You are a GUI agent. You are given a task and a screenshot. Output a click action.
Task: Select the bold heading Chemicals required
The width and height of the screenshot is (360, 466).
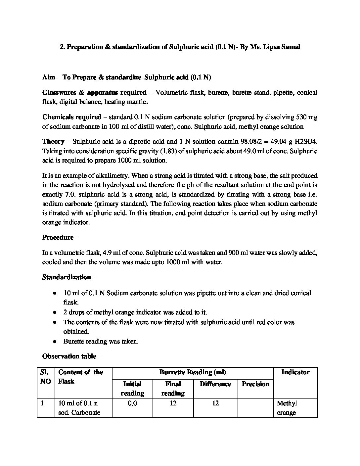[x=72, y=117]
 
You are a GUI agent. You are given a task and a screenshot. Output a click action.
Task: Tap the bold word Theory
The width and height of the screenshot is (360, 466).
[x=53, y=141]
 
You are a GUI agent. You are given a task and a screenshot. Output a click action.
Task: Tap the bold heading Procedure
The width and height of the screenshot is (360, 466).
[x=58, y=237]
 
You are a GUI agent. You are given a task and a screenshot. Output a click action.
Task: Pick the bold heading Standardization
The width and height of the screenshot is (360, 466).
[x=67, y=277]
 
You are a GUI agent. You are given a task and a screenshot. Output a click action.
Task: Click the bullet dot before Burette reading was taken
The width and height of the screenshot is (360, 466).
[x=55, y=342]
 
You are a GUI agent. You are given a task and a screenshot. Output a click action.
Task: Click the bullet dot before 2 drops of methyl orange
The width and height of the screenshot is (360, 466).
[x=55, y=312]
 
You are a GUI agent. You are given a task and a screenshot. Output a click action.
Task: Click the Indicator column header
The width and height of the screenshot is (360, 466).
[x=295, y=372]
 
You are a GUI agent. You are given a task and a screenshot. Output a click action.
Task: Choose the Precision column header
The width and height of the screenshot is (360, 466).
[x=255, y=384]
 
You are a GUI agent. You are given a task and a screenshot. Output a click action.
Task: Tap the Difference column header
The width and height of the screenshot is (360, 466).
[x=215, y=384]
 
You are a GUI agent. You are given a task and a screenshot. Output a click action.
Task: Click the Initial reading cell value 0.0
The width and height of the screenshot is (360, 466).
[x=132, y=403]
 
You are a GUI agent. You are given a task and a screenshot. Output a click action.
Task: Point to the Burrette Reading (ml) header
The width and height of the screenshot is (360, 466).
[x=193, y=372]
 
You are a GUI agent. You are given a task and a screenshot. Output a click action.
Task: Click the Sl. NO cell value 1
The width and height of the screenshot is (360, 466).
[x=42, y=403]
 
